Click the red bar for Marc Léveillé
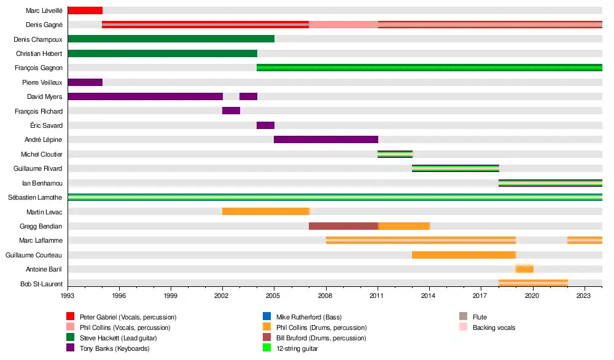(x=85, y=10)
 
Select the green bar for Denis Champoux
(x=171, y=39)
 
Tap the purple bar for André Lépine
(x=325, y=139)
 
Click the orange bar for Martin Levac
(x=265, y=211)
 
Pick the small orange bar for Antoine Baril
(x=524, y=269)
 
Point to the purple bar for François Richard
(x=231, y=111)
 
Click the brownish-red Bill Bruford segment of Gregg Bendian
(x=343, y=226)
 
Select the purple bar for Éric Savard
(x=265, y=125)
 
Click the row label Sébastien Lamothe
(x=34, y=197)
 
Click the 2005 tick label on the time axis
(x=274, y=295)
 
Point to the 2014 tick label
(x=429, y=295)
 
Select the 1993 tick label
(x=68, y=295)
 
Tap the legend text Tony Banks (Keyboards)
(x=115, y=349)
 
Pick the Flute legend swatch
(x=464, y=317)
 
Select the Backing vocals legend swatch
(x=464, y=327)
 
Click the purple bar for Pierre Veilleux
(x=85, y=82)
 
